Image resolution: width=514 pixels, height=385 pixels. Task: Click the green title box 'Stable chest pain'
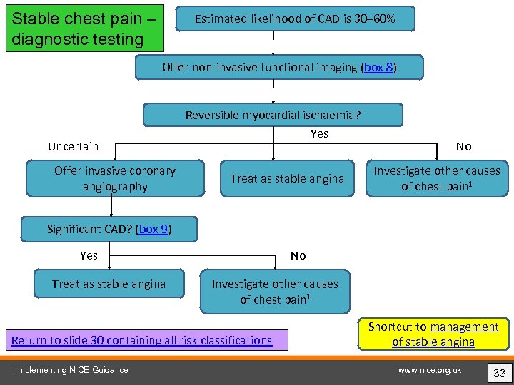[84, 28]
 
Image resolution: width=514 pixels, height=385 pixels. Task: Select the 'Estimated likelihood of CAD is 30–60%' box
[296, 19]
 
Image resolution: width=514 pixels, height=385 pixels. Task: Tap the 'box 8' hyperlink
[378, 68]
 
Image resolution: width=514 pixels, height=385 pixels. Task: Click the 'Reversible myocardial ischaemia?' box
[273, 115]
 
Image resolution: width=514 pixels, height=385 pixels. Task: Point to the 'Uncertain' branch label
[73, 146]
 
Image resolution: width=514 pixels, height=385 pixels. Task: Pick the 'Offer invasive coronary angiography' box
[114, 178]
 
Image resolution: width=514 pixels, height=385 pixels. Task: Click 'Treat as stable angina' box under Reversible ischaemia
[286, 178]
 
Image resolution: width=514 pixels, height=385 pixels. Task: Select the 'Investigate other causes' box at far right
[437, 178]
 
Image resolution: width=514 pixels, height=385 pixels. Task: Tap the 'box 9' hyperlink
[154, 229]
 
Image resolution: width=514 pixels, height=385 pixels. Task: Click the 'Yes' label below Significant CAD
[89, 255]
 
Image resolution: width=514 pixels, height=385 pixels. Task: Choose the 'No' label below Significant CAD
[298, 255]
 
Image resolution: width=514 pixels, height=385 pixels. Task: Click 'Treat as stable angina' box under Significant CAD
[109, 284]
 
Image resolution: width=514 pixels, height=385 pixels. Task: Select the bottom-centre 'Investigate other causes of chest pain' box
[275, 292]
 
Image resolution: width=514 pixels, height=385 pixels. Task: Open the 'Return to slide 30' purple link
[142, 340]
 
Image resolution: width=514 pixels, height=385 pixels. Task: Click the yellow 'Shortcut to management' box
[433, 334]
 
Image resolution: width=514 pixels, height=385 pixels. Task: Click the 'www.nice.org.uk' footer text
[430, 369]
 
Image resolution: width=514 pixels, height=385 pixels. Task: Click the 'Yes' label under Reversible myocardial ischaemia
[319, 133]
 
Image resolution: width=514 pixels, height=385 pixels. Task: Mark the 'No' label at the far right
[464, 146]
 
